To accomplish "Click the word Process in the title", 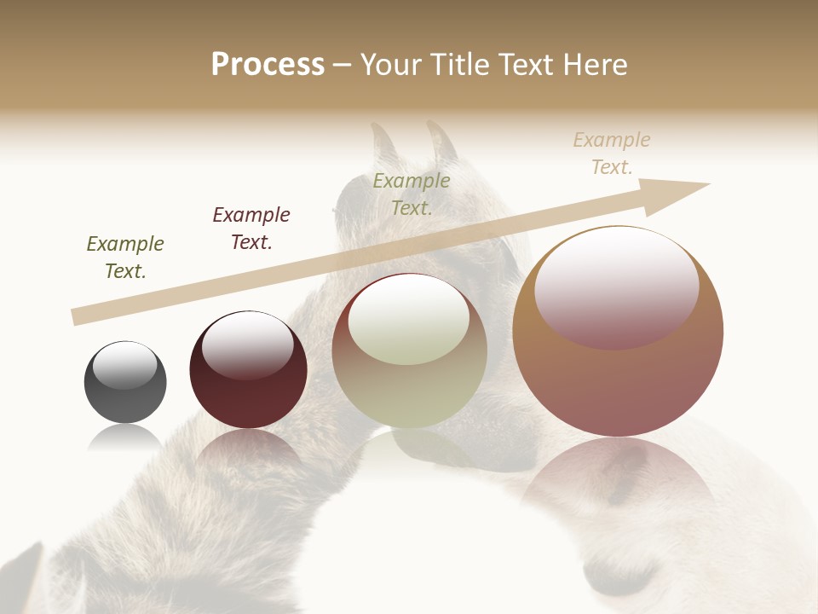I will [x=268, y=65].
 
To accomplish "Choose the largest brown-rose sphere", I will [x=618, y=384].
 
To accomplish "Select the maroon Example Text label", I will [x=251, y=229].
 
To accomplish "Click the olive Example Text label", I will [x=412, y=194].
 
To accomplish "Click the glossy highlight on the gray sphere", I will [x=125, y=365].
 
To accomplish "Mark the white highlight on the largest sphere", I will [x=616, y=286].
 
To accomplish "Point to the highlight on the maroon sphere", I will [x=247, y=345].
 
